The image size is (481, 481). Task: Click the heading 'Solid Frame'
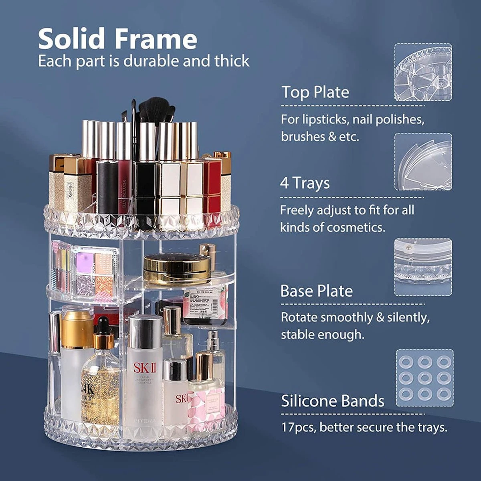coord(117,39)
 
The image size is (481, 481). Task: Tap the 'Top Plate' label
coord(315,92)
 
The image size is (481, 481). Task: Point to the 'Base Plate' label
coord(316,291)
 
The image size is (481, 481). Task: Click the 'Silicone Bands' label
coord(332,401)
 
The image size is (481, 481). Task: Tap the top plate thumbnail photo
coord(423,72)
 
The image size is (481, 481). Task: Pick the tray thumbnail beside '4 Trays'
coord(423,162)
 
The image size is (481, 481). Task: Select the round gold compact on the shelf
coord(177,268)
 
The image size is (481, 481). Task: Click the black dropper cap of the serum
coord(103,325)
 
